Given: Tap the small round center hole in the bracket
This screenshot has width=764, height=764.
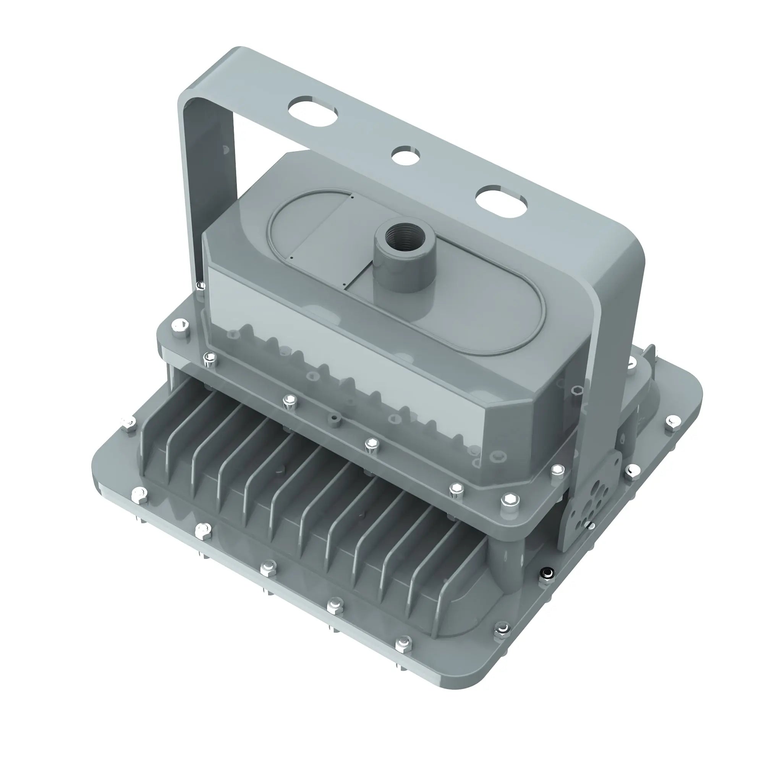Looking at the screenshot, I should [x=406, y=155].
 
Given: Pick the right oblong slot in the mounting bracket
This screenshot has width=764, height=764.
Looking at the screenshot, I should [x=502, y=202].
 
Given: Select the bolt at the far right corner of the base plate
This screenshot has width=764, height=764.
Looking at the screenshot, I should [x=671, y=421].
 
